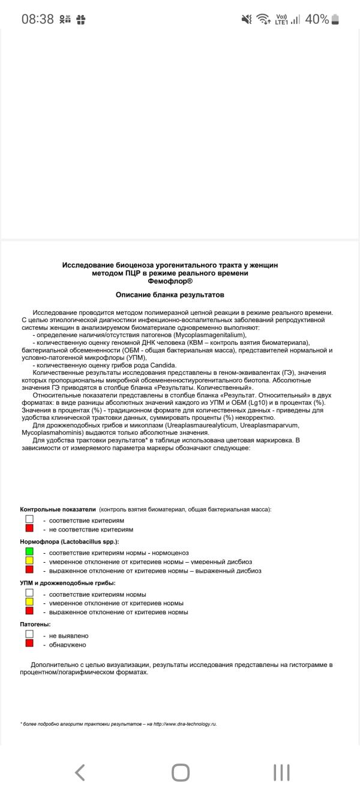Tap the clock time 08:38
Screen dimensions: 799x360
[x=37, y=19]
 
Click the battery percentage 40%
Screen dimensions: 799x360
[x=317, y=19]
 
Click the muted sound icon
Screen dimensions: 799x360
[x=246, y=19]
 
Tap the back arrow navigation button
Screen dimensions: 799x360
[x=80, y=772]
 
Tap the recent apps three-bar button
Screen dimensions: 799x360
[x=281, y=772]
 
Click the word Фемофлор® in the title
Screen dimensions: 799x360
[x=170, y=280]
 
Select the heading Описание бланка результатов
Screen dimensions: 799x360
[x=170, y=295]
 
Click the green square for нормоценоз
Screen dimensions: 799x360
[x=29, y=551]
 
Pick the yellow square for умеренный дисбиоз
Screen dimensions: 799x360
[x=29, y=561]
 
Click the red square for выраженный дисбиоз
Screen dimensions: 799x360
[x=29, y=570]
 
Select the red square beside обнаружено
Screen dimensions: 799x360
[x=29, y=644]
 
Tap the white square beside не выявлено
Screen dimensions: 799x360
[x=29, y=634]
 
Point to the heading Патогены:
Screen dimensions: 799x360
[x=35, y=624]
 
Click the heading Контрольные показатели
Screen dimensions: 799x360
[x=58, y=509]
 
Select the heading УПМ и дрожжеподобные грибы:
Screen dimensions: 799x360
[x=67, y=582]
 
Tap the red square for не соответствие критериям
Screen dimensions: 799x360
[x=29, y=528]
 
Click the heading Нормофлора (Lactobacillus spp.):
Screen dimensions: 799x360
[x=70, y=541]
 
